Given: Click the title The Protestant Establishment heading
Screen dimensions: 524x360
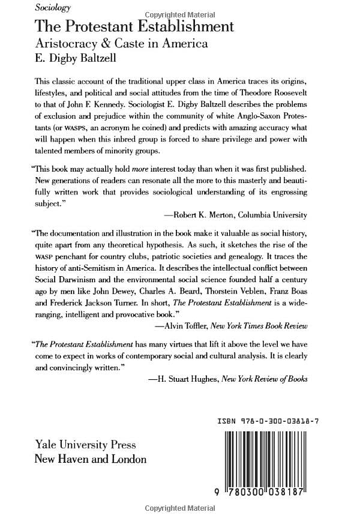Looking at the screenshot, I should click(x=134, y=26).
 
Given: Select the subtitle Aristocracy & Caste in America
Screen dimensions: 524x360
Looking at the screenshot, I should click(x=121, y=43).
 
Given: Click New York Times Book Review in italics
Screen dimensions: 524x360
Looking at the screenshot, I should click(x=264, y=325).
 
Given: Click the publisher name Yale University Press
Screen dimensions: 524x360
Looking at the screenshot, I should click(x=86, y=445).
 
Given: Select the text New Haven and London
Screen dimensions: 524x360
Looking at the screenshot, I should click(x=91, y=459).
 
